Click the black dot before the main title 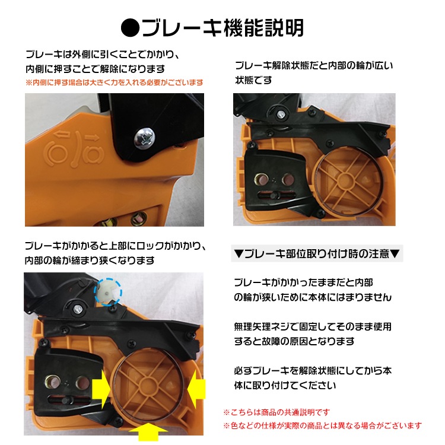(x=131, y=28)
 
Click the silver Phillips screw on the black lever (x=144, y=138)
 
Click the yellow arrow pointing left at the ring (x=196, y=389)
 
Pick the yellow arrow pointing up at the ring (x=148, y=432)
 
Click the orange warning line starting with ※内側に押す (x=115, y=82)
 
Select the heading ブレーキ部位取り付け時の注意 (x=317, y=253)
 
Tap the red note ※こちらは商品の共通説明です (x=276, y=412)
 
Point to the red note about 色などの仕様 (x=322, y=425)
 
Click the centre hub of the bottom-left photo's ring (x=147, y=386)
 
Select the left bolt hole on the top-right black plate (x=261, y=179)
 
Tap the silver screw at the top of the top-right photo (x=281, y=114)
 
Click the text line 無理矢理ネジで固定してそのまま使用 (x=313, y=327)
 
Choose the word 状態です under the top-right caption (x=253, y=80)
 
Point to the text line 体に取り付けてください (x=285, y=385)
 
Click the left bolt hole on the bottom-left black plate (x=53, y=382)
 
